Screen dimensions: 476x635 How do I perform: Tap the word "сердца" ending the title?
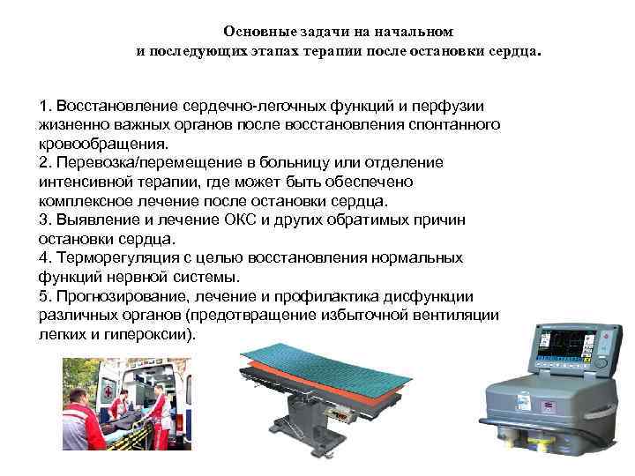[x=513, y=51]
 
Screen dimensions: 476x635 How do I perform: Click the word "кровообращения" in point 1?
[x=102, y=144]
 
